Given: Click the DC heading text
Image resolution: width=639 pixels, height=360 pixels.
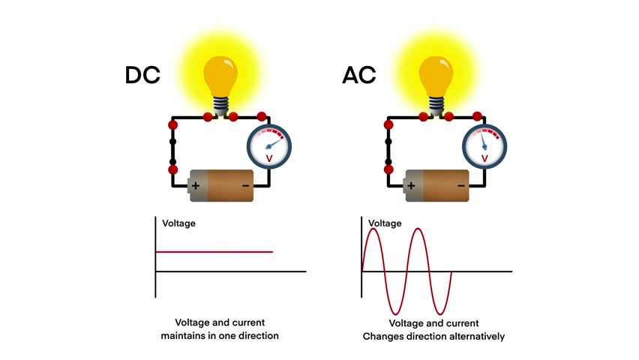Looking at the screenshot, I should (142, 75).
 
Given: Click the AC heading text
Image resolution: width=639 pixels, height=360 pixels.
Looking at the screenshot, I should (358, 75).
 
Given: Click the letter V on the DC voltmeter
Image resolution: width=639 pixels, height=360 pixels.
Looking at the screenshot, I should (268, 158).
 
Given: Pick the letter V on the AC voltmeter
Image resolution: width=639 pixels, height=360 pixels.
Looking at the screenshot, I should (484, 158).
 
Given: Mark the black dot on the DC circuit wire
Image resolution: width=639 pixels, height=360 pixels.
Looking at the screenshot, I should (173, 141).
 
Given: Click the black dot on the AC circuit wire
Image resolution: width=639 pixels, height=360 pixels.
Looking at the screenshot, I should (388, 141).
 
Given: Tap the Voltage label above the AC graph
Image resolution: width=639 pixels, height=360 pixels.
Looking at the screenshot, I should (385, 223).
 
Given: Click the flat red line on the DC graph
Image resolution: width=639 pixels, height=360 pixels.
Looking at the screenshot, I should (214, 252).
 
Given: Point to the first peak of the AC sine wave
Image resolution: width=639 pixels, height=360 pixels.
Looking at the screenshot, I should (374, 230).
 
